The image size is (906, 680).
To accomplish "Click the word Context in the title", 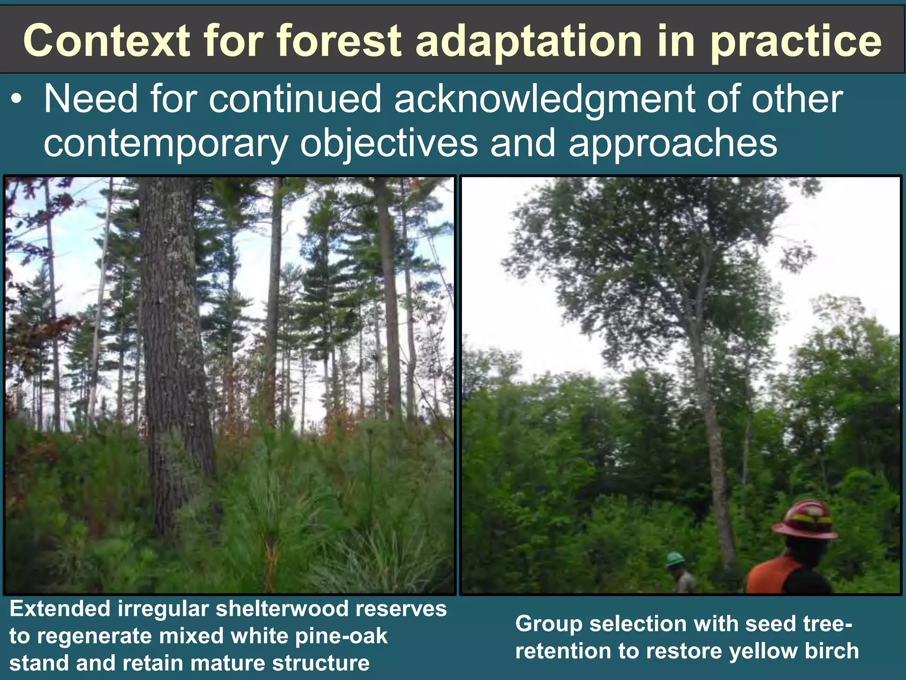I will (107, 41).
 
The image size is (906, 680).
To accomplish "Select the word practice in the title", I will (796, 41).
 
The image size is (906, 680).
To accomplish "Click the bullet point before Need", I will (16, 100).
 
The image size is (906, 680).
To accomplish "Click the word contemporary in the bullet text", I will (166, 144).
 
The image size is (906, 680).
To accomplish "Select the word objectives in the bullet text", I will (389, 144).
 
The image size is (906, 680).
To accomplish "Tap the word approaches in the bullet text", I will (672, 144).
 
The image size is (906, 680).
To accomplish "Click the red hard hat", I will (806, 520).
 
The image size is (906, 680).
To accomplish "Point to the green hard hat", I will (675, 559).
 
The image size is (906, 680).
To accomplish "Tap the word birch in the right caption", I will (832, 651).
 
